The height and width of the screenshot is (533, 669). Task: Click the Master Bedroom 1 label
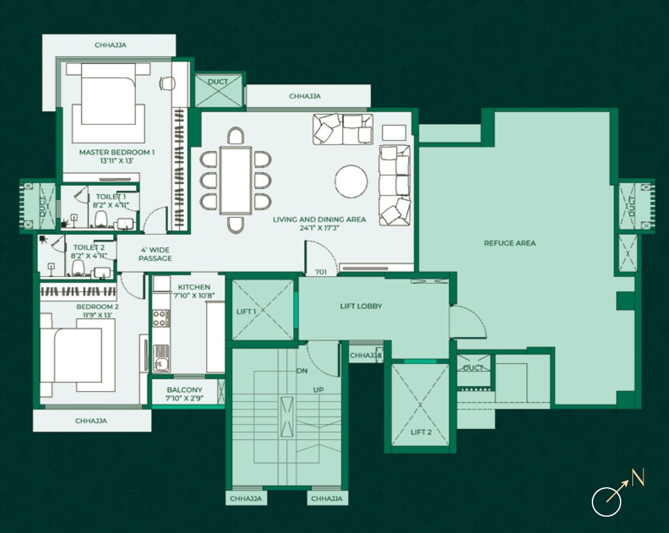[x=116, y=152]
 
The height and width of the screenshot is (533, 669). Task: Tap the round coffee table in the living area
[x=351, y=181]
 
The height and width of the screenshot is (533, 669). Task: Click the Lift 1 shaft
[x=262, y=310]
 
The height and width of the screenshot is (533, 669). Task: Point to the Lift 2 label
[x=420, y=432]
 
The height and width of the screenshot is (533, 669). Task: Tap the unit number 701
[x=320, y=271]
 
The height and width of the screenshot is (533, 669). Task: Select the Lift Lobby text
[x=361, y=306]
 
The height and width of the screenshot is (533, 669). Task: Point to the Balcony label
[x=184, y=390]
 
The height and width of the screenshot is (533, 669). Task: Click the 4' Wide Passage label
[x=155, y=254]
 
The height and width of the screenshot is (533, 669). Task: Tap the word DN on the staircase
[x=301, y=371]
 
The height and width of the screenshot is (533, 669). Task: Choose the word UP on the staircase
[x=318, y=390]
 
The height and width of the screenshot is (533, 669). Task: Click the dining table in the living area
[x=235, y=180]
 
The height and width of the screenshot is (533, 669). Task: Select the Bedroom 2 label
[x=97, y=306]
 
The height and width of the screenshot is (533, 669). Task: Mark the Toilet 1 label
[x=111, y=196]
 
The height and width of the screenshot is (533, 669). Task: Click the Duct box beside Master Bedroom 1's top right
[x=218, y=90]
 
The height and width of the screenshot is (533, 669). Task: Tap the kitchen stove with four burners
[x=160, y=318]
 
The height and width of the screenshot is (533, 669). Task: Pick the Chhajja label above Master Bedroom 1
[x=110, y=45]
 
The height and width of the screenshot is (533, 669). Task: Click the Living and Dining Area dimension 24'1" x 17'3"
[x=319, y=229]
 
